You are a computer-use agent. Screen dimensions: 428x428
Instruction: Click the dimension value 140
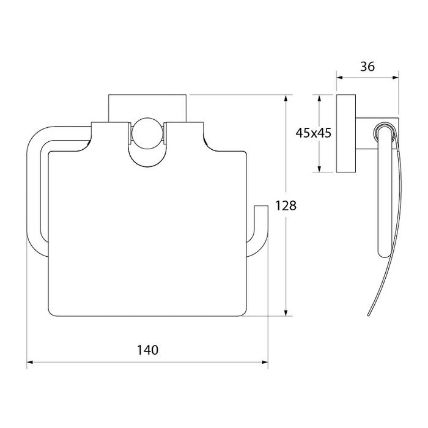point(147,350)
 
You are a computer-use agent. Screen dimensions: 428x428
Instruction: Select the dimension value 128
point(286,206)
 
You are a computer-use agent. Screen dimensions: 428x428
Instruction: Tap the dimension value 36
point(367,67)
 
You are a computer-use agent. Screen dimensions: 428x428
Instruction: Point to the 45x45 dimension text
point(313,133)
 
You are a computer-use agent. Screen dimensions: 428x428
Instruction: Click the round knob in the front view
point(147,133)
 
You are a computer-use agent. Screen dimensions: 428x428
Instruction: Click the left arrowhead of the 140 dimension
point(30,362)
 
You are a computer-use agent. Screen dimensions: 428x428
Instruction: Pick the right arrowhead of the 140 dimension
point(265,362)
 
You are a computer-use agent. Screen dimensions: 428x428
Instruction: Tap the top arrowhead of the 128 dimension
point(286,98)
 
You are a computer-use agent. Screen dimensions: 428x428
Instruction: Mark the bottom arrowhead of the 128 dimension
point(286,313)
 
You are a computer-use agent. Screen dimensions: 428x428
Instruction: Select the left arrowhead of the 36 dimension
point(339,78)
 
